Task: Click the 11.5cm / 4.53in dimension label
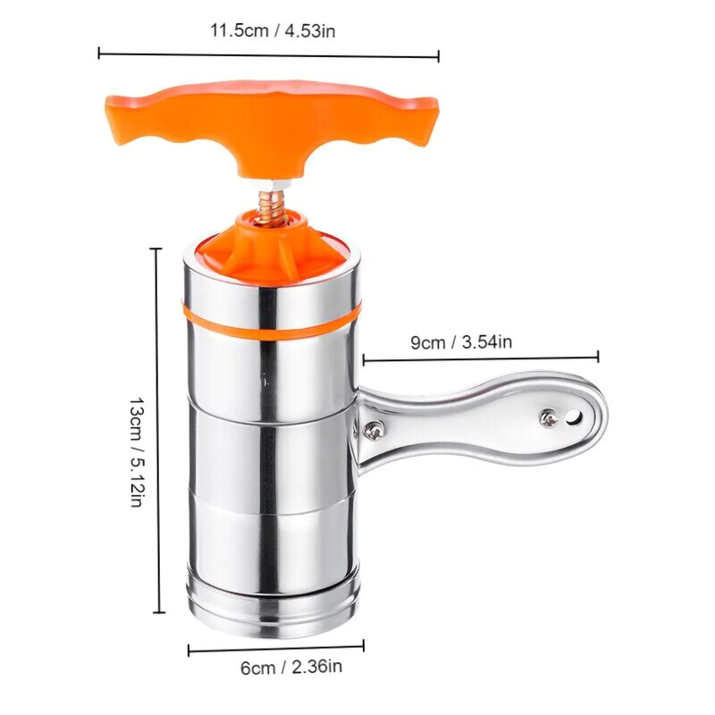273,31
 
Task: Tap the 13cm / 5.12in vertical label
137,451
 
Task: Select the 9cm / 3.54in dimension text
461,341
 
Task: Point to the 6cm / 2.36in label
291,668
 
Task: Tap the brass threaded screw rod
272,207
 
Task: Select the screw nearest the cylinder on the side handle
374,430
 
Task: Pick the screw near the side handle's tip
549,417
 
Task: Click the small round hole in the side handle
575,416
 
